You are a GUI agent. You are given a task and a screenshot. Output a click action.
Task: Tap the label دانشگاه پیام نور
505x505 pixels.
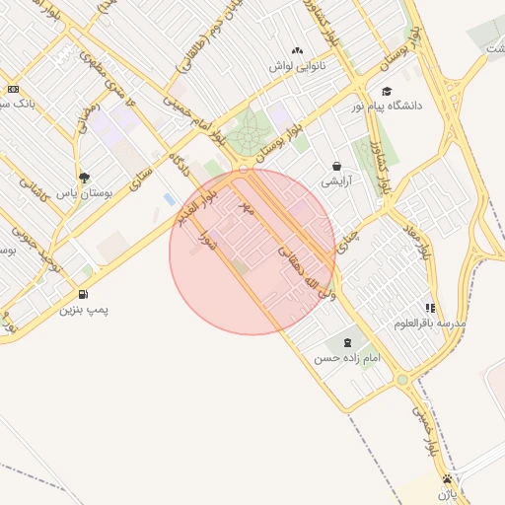391,105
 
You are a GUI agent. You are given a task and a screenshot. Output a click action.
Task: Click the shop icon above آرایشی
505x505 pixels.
337,167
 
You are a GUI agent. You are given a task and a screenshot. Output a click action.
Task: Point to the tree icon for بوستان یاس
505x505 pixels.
85,179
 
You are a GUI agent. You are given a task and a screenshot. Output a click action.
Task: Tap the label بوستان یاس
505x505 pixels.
85,194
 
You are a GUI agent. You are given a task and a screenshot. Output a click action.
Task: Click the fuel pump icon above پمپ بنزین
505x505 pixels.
82,294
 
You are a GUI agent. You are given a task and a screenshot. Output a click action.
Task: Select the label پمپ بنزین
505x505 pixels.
84,310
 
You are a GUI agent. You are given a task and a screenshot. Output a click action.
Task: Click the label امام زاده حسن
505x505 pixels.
346,358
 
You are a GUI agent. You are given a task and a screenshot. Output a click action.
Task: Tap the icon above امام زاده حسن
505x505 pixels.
346,342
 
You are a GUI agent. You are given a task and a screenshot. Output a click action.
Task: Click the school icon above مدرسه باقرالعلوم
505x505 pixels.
429,308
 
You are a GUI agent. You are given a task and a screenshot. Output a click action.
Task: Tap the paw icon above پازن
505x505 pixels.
449,480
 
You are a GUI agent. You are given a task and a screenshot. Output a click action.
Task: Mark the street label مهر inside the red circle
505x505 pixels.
247,208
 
